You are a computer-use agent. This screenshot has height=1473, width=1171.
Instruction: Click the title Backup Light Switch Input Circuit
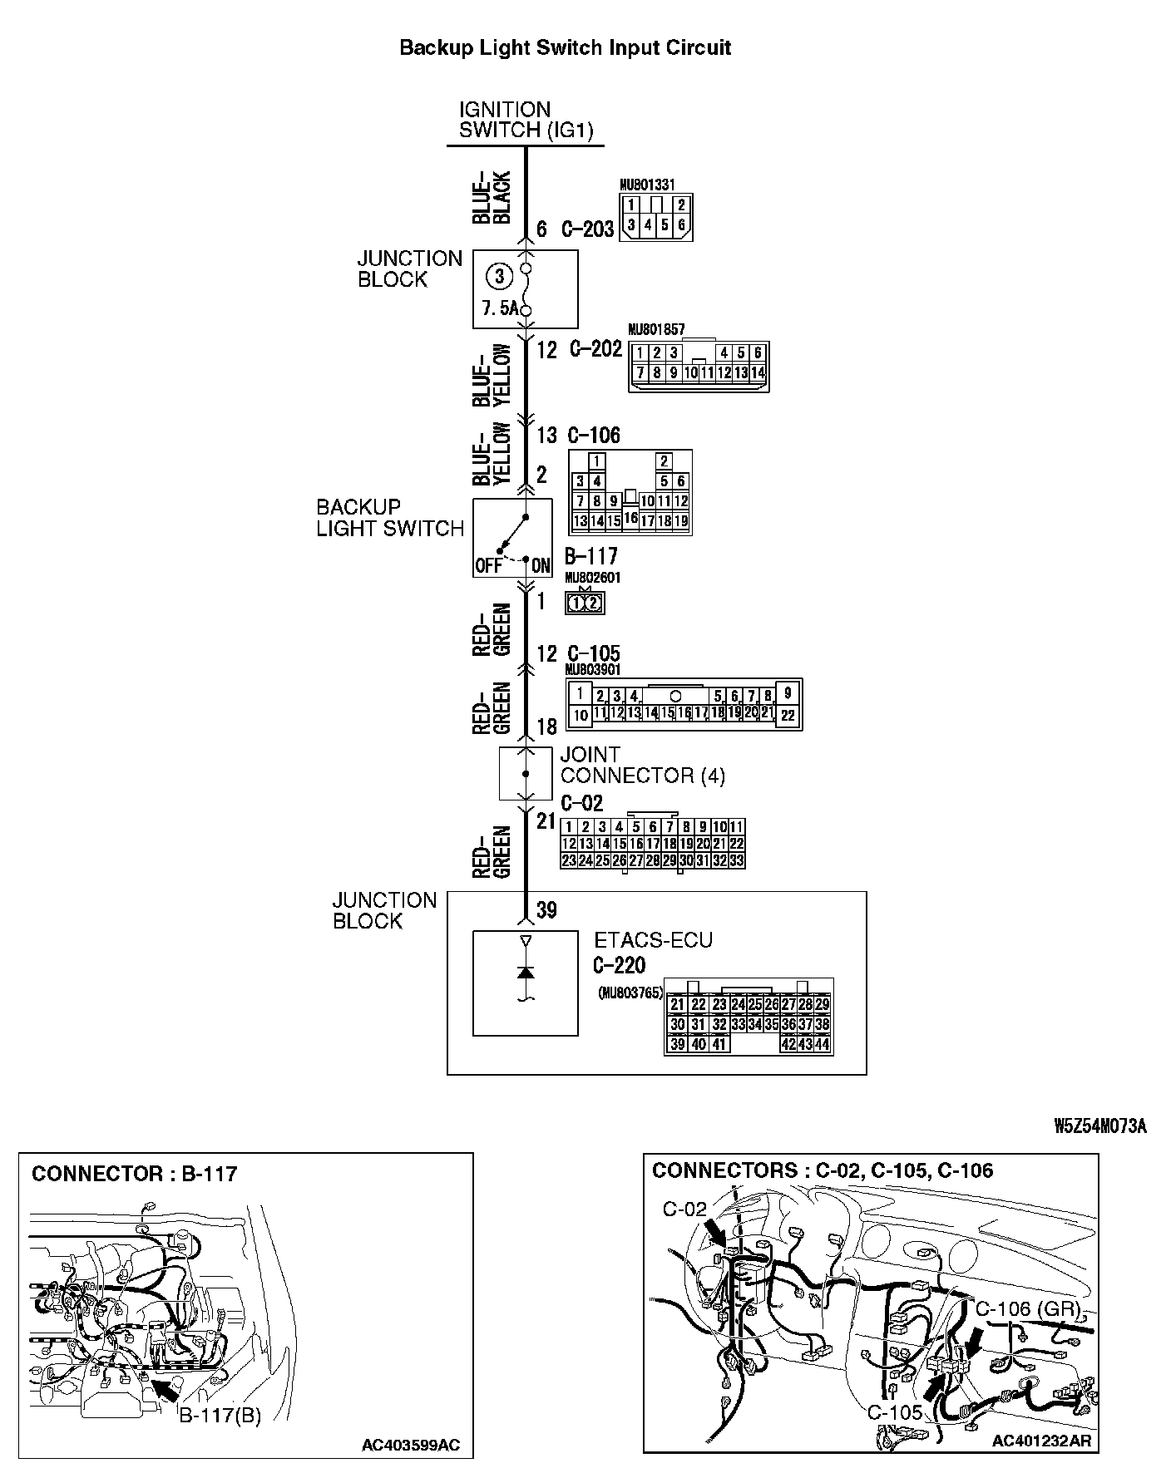coord(566,47)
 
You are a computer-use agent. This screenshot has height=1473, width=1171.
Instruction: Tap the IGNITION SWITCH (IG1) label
coord(526,121)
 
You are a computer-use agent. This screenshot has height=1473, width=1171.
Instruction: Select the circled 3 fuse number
coord(497,276)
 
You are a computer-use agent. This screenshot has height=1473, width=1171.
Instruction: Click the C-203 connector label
coord(587,229)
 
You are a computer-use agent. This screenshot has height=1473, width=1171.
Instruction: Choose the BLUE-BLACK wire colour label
coord(492,198)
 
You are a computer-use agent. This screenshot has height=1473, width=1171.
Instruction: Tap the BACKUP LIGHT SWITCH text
coord(389,518)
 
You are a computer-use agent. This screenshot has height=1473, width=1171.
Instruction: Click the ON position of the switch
coord(541,566)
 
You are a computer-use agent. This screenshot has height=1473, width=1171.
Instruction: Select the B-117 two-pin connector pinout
coord(585,603)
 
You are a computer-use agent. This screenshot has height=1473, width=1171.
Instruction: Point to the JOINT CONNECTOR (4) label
coord(642,766)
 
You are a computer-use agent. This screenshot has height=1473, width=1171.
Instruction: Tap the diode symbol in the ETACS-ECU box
coord(525,972)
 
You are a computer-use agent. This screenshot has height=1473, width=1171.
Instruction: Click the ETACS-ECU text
coord(653,940)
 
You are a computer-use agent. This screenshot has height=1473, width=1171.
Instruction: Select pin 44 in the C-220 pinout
coord(823,1044)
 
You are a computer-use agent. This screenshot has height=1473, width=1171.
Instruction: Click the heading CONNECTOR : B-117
coord(134,1174)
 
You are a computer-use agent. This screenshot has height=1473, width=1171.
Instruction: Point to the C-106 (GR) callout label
coord(1028,1309)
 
